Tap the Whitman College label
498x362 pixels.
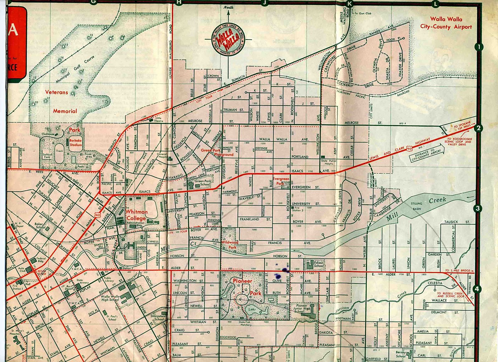coord(136,215)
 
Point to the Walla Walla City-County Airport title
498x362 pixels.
coord(446,23)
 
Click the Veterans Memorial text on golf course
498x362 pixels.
coord(61,102)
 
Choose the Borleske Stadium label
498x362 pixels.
coord(75,143)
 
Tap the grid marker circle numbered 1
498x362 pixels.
coord(479,47)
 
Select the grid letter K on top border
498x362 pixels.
coord(350,4)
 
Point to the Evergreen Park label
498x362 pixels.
coord(281,181)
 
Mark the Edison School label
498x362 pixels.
coord(318,264)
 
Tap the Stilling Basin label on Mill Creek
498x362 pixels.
coord(416,206)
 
